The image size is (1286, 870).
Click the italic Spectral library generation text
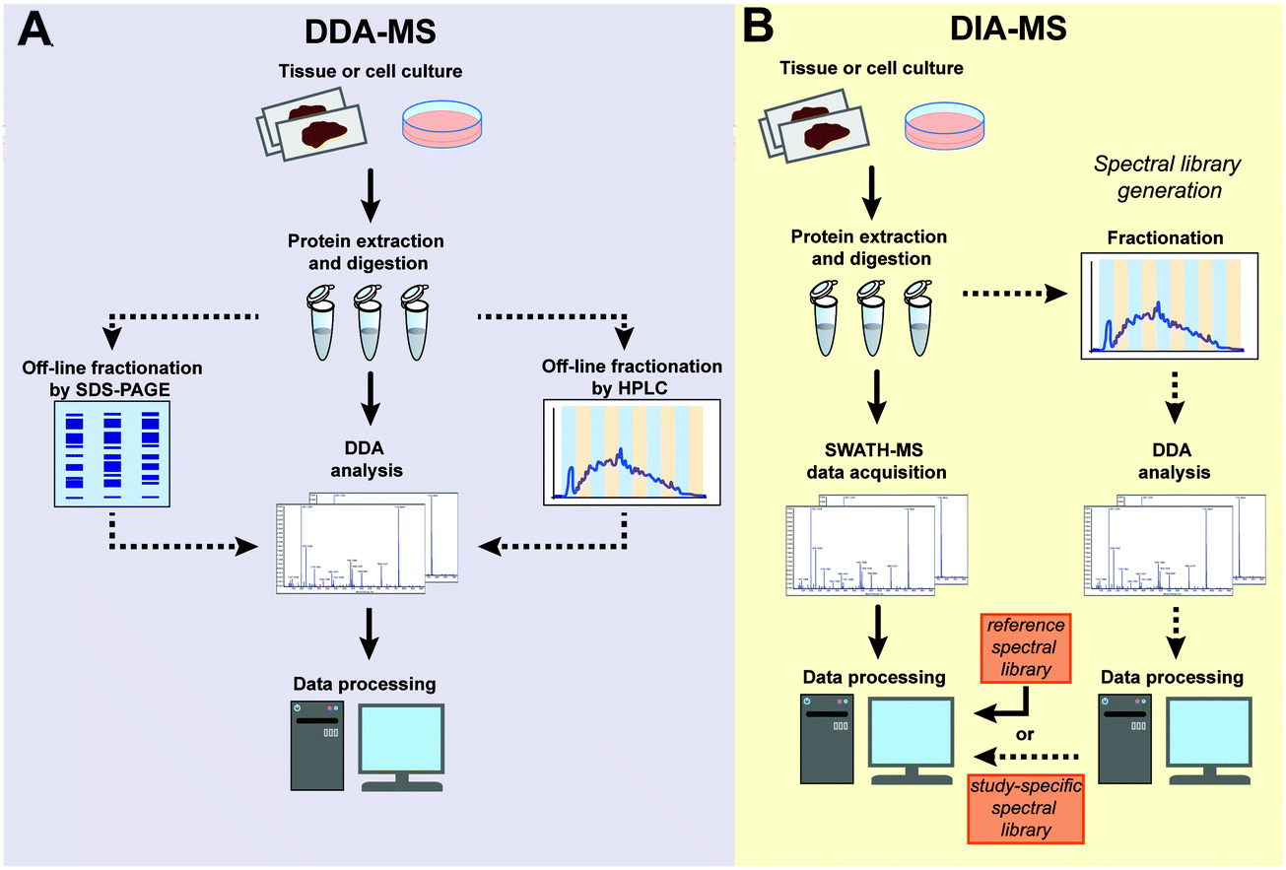tap(1169, 175)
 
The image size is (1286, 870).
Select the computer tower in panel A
tap(315, 743)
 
